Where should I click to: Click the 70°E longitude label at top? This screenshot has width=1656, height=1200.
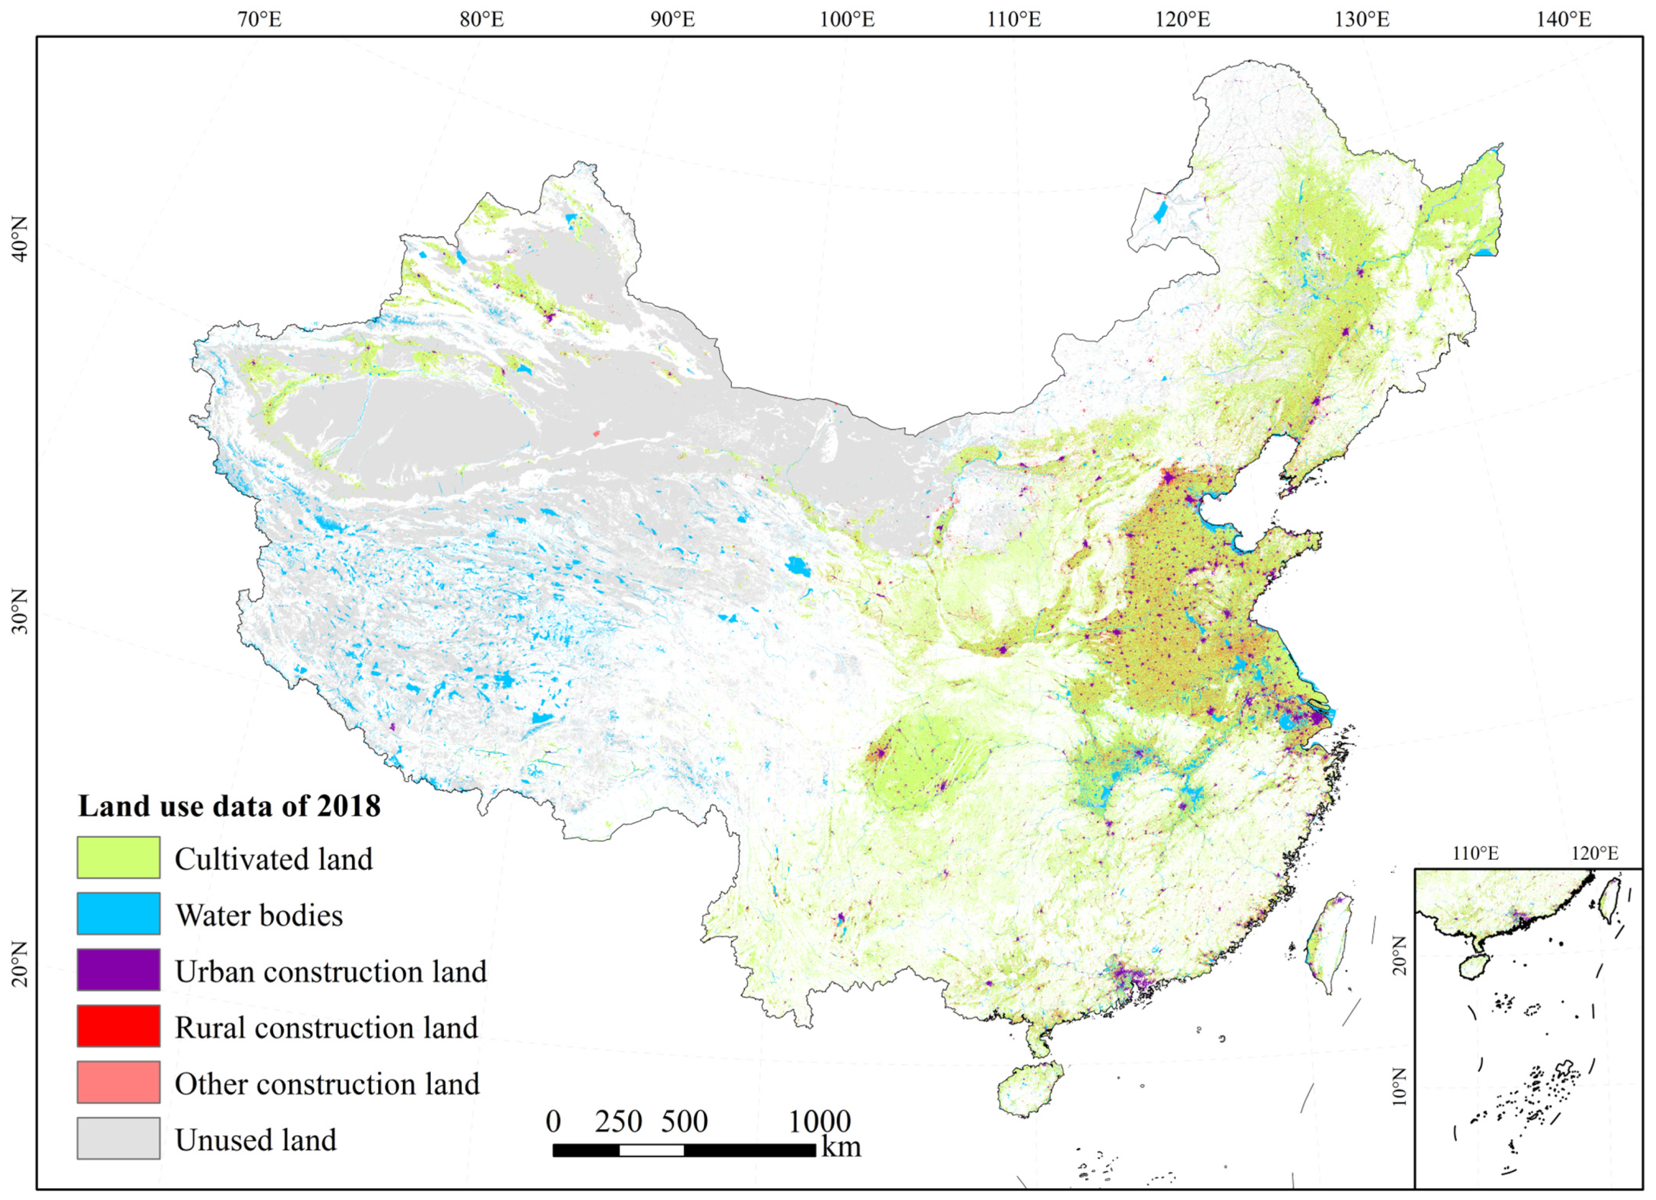(x=259, y=20)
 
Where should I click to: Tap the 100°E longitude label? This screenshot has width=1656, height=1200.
(x=847, y=20)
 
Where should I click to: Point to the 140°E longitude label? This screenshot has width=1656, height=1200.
(x=1564, y=20)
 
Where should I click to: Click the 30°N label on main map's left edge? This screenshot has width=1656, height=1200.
(x=20, y=611)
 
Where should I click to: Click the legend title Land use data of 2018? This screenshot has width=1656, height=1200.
(x=229, y=807)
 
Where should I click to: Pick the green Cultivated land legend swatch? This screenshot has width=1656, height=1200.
(x=118, y=858)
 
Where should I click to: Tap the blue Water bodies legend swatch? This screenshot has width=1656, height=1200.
(x=118, y=914)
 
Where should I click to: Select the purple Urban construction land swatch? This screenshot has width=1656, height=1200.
(x=118, y=970)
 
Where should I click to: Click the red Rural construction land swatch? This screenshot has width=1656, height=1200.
(x=118, y=1026)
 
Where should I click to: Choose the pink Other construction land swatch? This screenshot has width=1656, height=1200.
(x=118, y=1083)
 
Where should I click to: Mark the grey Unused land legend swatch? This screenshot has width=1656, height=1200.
(x=118, y=1139)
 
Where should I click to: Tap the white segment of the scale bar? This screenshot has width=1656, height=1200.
(x=651, y=1150)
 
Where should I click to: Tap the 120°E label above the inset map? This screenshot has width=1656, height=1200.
(x=1595, y=853)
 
